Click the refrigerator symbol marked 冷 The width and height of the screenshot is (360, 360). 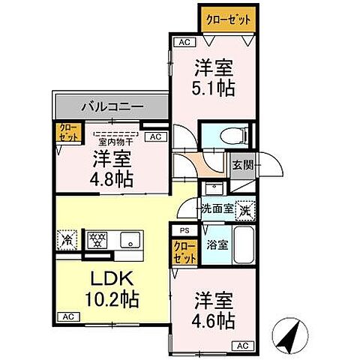(x=65, y=241)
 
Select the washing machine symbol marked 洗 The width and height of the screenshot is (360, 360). (x=244, y=211)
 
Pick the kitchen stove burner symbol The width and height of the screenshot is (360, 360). (x=97, y=240)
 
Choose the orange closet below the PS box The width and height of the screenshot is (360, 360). (x=184, y=251)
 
